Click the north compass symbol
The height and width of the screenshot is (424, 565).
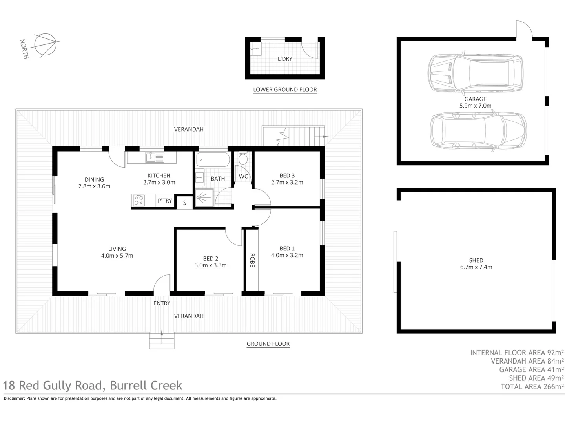click(45, 44)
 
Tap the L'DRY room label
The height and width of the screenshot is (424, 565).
click(285, 59)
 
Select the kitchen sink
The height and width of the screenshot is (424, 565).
click(155, 157)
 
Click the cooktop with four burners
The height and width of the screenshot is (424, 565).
click(139, 200)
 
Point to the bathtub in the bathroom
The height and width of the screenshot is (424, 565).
click(213, 159)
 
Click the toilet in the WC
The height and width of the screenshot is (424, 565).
click(243, 158)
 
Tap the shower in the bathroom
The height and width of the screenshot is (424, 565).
click(204, 198)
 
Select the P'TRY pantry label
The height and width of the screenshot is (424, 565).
click(165, 201)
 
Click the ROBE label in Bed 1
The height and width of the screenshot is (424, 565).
click(252, 260)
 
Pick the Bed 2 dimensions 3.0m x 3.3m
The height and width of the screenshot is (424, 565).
click(211, 265)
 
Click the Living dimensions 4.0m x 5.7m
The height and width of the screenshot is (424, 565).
click(117, 256)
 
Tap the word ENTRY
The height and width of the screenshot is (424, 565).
click(162, 303)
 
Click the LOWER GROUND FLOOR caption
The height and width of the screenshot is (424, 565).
click(285, 90)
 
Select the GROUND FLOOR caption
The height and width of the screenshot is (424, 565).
click(268, 344)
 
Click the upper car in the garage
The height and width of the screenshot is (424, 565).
click(476, 73)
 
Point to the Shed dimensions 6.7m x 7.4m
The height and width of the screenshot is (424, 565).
click(476, 267)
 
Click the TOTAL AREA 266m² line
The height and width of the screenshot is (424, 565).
click(532, 387)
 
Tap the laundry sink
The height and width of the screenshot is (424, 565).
click(255, 49)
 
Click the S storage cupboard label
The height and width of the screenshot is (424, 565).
click(184, 203)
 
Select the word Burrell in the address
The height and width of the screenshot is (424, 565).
click(128, 386)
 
